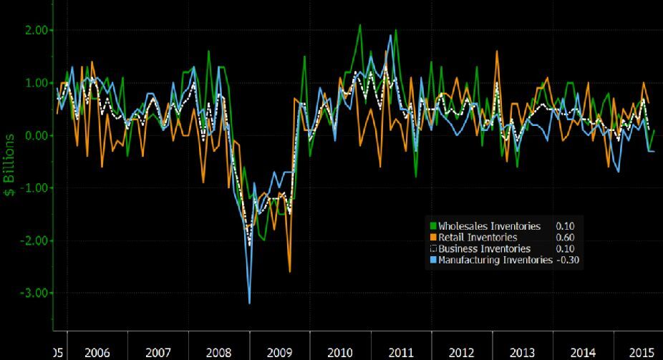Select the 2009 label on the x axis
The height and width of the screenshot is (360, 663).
coord(280,352)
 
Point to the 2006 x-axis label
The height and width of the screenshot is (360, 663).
coord(97,352)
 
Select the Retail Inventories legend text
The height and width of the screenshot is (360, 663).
coord(479,238)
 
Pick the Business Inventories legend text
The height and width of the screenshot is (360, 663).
coord(485,248)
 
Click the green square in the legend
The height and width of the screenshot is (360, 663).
coord(434,226)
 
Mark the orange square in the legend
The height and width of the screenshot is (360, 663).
coord(434,238)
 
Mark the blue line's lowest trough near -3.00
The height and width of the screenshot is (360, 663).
coord(250,303)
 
